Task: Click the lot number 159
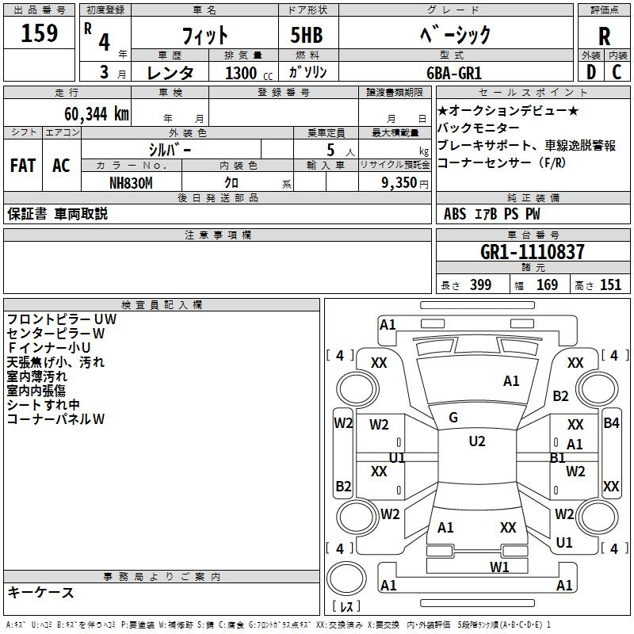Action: [x=39, y=32]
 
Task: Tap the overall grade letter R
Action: [x=604, y=36]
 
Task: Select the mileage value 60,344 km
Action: [x=97, y=114]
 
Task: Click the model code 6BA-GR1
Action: [x=454, y=73]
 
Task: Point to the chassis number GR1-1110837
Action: [x=532, y=252]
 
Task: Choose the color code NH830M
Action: [x=131, y=183]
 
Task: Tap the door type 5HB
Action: [x=307, y=35]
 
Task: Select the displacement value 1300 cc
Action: [x=249, y=73]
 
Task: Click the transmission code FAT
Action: [x=23, y=166]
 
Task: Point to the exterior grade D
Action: [x=591, y=72]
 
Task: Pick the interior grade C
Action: [x=617, y=72]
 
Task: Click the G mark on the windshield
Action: [x=453, y=418]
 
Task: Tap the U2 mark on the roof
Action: [x=477, y=441]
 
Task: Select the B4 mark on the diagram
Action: [x=611, y=423]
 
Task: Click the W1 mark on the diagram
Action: [x=499, y=567]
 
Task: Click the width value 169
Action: [x=547, y=285]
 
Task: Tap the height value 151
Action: [x=610, y=285]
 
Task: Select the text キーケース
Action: [x=41, y=592]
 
